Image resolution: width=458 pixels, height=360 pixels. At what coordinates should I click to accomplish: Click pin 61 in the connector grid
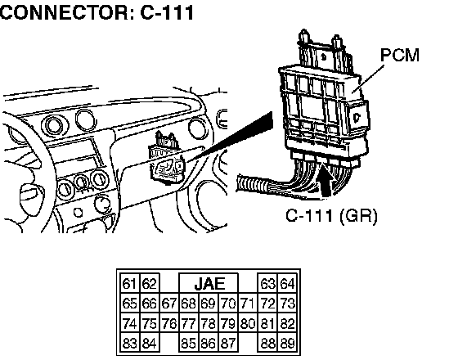[130, 284]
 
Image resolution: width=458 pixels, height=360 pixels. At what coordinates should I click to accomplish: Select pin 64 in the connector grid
[287, 284]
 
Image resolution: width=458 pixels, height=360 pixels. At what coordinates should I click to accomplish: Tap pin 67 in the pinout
[169, 304]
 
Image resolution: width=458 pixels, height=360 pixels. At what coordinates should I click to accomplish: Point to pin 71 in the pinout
[248, 304]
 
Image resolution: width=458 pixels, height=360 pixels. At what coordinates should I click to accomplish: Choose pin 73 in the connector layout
[287, 304]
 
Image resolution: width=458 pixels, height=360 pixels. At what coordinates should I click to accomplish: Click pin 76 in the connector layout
[169, 323]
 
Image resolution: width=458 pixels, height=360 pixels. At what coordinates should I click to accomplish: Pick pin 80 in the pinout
[248, 323]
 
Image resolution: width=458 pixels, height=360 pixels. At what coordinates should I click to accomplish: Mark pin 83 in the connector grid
[130, 343]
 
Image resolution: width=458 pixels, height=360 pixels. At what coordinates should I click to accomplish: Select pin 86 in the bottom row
[209, 343]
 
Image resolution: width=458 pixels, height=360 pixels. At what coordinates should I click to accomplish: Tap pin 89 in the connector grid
[287, 343]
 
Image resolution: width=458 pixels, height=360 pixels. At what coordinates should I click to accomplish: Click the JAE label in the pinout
[209, 283]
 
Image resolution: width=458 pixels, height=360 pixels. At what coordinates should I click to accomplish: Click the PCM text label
[400, 55]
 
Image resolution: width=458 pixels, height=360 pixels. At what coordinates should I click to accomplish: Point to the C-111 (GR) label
[331, 216]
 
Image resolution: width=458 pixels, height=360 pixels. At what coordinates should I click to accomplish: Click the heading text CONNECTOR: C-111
[97, 12]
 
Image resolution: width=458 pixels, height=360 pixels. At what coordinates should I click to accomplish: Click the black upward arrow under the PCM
[326, 180]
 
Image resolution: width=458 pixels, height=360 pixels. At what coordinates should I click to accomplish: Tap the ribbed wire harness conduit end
[250, 184]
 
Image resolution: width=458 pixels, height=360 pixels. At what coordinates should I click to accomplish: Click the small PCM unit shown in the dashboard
[167, 160]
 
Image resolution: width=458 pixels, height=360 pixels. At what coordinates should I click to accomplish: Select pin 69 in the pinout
[209, 304]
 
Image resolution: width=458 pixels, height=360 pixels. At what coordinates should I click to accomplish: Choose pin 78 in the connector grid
[209, 323]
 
